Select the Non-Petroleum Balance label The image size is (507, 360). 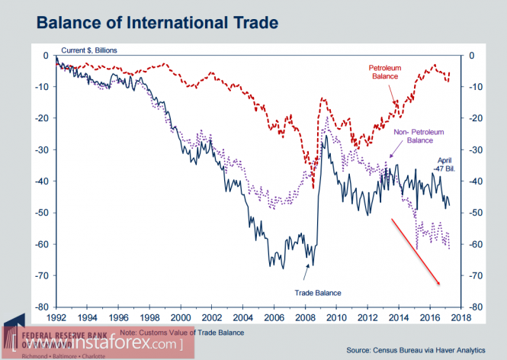point(418,137)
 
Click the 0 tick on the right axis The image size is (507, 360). point(472,56)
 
